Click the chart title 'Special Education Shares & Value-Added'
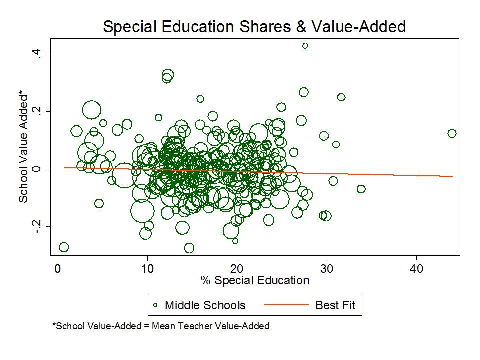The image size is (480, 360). tap(254, 27)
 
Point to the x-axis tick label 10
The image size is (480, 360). tap(147, 268)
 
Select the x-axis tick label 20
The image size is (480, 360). tap(237, 268)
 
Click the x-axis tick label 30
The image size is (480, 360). tap(327, 268)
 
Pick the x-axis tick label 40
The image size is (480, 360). tap(417, 268)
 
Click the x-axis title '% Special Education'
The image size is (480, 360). tap(255, 280)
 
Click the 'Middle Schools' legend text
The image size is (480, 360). tap(205, 305)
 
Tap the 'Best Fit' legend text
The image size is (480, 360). tap(335, 305)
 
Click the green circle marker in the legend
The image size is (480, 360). tap(155, 305)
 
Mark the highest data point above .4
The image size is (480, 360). tap(305, 46)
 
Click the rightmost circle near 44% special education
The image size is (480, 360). tap(452, 133)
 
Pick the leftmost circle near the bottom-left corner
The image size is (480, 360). tap(63, 247)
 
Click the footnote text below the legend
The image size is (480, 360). tap(161, 326)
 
